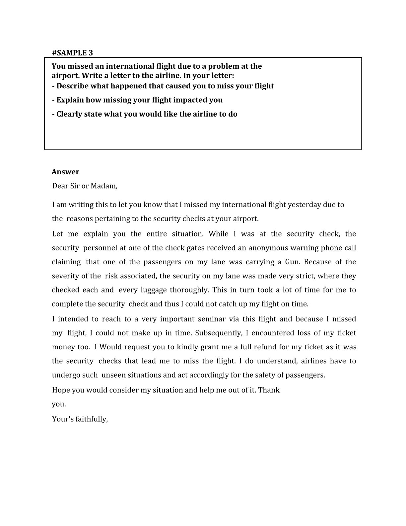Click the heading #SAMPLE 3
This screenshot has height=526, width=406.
(x=72, y=52)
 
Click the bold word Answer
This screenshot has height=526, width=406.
(x=65, y=172)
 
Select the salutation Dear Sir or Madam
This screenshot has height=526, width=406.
(x=85, y=186)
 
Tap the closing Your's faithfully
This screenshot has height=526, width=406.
(x=80, y=419)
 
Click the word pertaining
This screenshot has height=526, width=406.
(x=114, y=219)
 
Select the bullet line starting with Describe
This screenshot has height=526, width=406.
(x=163, y=86)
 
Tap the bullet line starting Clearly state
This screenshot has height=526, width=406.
(x=145, y=114)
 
